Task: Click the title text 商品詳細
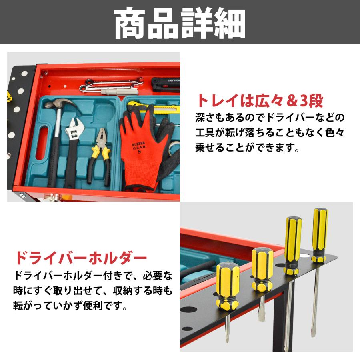(180, 23)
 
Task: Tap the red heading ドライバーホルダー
(81, 258)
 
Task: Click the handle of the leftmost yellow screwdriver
(228, 286)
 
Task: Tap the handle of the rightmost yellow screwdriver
(320, 234)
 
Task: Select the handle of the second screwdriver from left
(262, 269)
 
